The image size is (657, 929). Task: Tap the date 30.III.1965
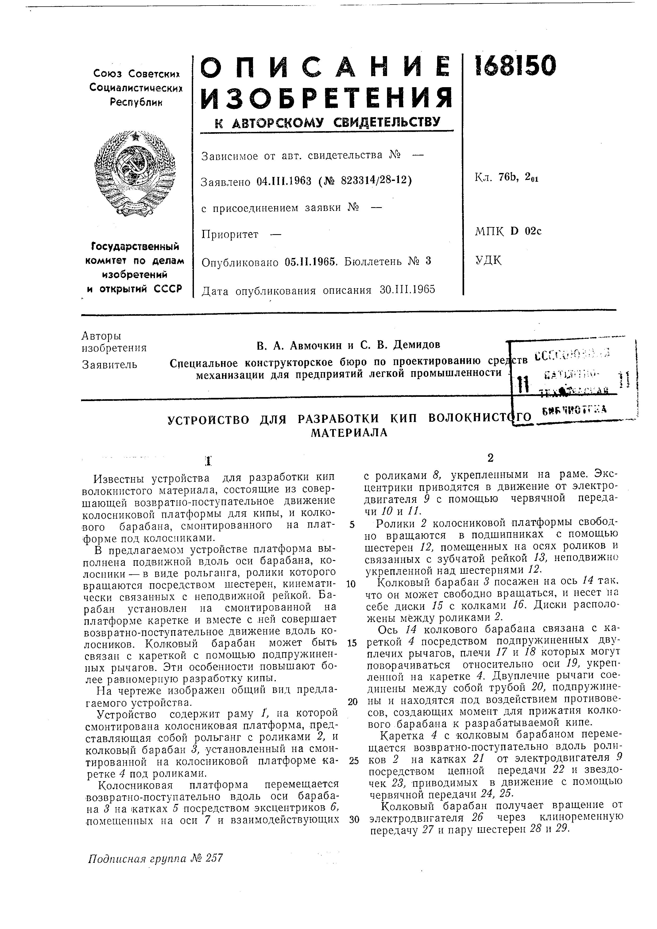click(407, 290)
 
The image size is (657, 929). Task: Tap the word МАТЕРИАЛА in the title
click(349, 433)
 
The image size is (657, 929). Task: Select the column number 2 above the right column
click(490, 458)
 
